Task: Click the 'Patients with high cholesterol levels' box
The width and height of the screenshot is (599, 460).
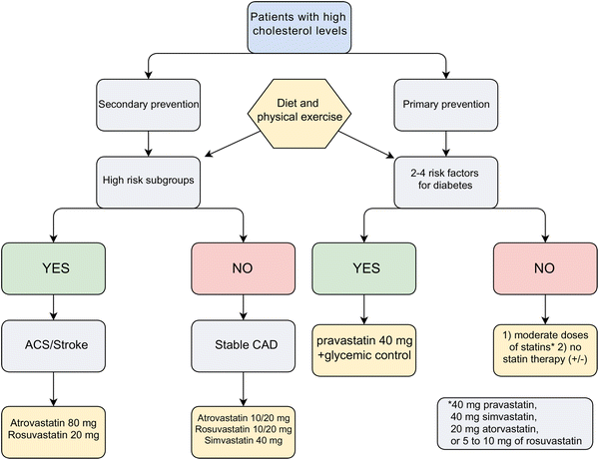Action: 299,28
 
